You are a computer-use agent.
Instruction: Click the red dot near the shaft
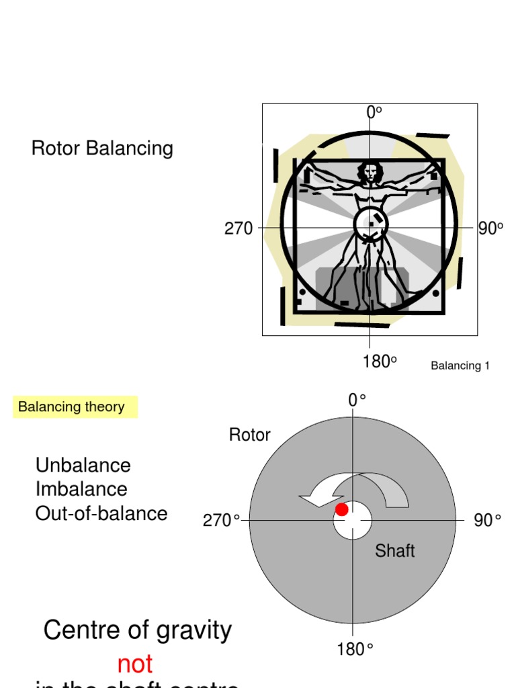(342, 509)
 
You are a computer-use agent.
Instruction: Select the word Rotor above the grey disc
(249, 435)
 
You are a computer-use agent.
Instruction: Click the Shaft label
(394, 551)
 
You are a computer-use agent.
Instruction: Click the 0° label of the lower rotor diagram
(357, 400)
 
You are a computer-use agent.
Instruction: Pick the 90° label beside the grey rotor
(487, 521)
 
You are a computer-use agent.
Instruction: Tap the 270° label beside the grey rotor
(221, 521)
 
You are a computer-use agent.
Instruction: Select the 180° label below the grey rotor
(355, 650)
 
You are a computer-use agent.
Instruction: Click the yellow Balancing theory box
(75, 407)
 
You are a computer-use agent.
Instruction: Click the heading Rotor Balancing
(102, 148)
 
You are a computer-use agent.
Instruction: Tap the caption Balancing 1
(460, 366)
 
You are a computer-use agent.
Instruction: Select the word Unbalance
(83, 465)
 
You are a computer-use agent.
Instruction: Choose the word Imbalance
(81, 489)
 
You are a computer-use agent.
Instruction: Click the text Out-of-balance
(101, 513)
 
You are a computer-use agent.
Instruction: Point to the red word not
(134, 664)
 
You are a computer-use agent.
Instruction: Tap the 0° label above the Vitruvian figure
(374, 113)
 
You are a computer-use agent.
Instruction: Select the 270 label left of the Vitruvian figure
(239, 229)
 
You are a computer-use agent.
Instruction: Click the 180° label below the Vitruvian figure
(379, 362)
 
